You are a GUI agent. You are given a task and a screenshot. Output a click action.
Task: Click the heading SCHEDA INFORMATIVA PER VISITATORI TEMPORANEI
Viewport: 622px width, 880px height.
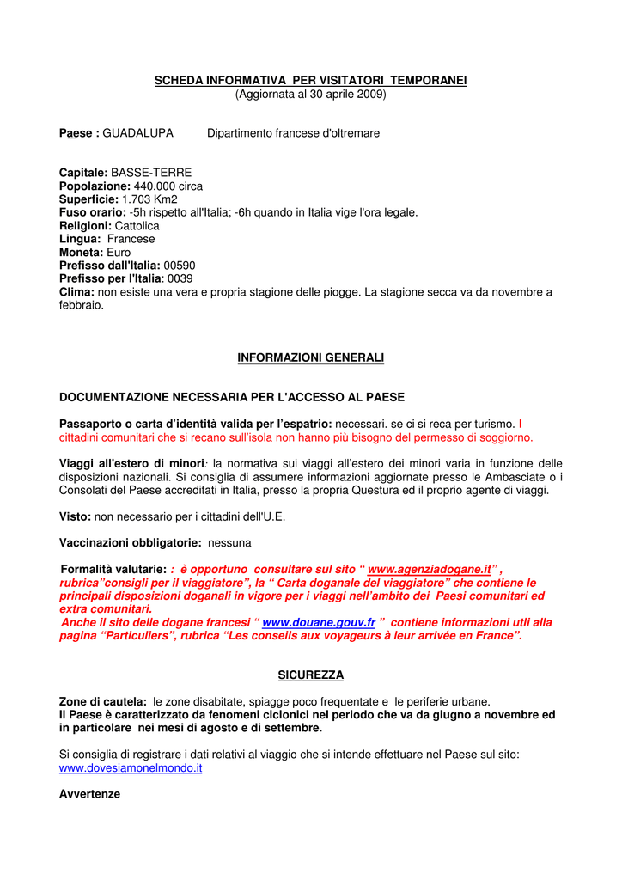pyautogui.click(x=310, y=80)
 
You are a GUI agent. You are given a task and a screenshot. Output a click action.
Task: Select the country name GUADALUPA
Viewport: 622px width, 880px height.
pyautogui.click(x=137, y=133)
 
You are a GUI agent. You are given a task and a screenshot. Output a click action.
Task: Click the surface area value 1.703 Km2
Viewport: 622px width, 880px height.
pyautogui.click(x=149, y=199)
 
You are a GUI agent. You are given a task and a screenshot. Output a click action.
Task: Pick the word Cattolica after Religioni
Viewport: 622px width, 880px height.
pyautogui.click(x=137, y=225)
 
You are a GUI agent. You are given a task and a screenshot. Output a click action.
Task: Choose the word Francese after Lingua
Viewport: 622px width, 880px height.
pyautogui.click(x=131, y=239)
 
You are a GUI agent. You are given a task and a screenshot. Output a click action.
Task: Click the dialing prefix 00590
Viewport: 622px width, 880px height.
pyautogui.click(x=180, y=266)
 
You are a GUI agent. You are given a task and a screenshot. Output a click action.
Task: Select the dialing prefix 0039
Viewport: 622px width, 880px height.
pyautogui.click(x=180, y=278)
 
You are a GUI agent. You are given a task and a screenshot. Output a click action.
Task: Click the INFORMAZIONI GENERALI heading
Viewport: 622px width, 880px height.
pyautogui.click(x=310, y=357)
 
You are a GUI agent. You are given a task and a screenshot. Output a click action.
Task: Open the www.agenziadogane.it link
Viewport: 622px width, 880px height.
pyautogui.click(x=429, y=570)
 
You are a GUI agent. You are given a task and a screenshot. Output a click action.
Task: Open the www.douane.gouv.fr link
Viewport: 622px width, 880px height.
pyautogui.click(x=318, y=622)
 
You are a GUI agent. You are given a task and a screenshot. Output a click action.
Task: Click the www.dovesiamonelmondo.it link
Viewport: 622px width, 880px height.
pyautogui.click(x=131, y=767)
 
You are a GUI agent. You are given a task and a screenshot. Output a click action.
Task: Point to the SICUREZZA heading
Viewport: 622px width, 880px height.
pyautogui.click(x=310, y=675)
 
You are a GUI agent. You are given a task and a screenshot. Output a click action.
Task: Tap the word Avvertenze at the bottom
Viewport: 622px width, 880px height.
pyautogui.click(x=89, y=794)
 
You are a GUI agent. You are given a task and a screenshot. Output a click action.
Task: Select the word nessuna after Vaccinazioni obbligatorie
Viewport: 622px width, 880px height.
pyautogui.click(x=229, y=543)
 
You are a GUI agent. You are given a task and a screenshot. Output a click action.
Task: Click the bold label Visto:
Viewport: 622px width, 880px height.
pyautogui.click(x=75, y=516)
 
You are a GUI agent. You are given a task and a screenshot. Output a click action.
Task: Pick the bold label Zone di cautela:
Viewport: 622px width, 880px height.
pyautogui.click(x=102, y=702)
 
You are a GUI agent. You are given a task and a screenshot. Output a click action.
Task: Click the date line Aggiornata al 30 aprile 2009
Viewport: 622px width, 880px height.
pyautogui.click(x=310, y=94)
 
